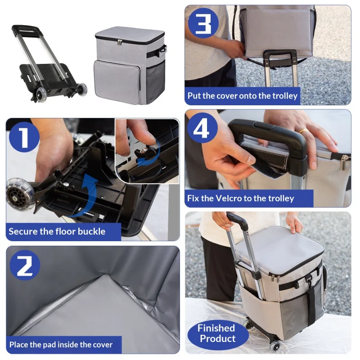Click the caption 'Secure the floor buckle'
[x=57, y=232]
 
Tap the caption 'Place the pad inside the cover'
[x=61, y=345]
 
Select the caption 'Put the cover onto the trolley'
[x=243, y=96]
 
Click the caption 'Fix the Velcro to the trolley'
[x=241, y=198]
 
